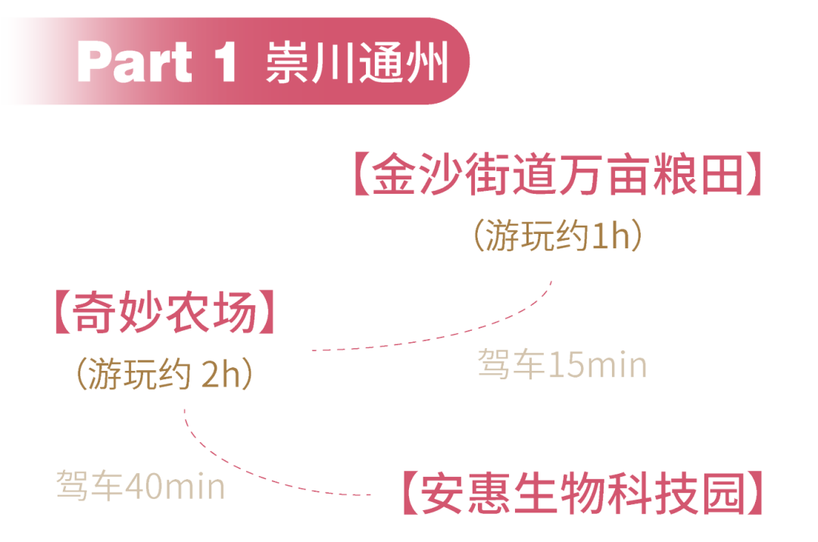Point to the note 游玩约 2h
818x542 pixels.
point(163,375)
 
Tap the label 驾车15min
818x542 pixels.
point(562,365)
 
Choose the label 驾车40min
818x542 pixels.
point(140,485)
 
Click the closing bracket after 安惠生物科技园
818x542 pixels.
point(754,494)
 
